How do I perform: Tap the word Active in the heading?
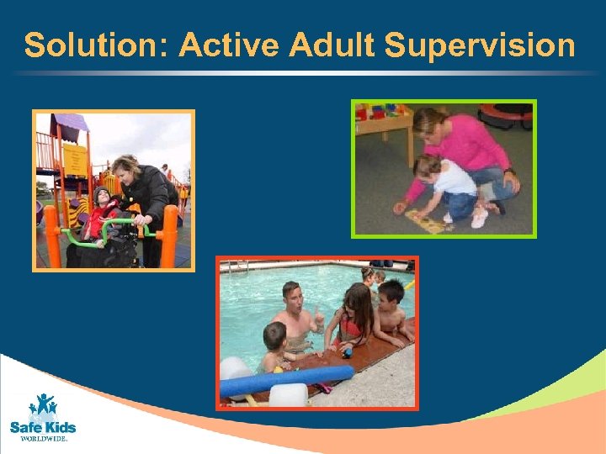coord(230,45)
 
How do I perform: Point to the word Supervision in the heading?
coord(480,45)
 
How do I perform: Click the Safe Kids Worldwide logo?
coord(43,416)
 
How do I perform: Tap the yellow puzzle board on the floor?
coord(426,222)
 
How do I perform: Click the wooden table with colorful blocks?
coord(383,122)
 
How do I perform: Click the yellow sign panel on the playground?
coord(75,159)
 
